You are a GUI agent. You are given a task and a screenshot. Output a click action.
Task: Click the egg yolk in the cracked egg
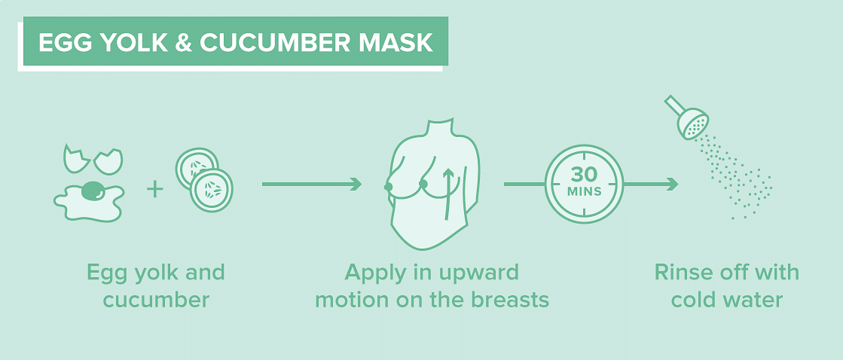click(x=95, y=190)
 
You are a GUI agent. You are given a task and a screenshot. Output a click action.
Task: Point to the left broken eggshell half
click(x=76, y=159)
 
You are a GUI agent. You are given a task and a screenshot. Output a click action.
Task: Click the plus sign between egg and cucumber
click(x=155, y=189)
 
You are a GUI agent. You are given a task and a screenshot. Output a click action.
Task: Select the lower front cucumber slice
click(x=211, y=191)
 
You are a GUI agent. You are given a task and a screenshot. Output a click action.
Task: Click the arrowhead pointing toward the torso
click(x=356, y=185)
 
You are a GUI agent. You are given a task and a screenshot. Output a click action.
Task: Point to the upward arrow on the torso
click(x=446, y=194)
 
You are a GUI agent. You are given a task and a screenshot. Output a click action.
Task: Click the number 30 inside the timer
click(x=584, y=175)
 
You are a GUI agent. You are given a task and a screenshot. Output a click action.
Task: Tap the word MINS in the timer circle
click(x=584, y=191)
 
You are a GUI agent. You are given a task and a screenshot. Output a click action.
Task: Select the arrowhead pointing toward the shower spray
click(x=671, y=185)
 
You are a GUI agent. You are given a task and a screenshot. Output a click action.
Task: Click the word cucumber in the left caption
click(x=156, y=299)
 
